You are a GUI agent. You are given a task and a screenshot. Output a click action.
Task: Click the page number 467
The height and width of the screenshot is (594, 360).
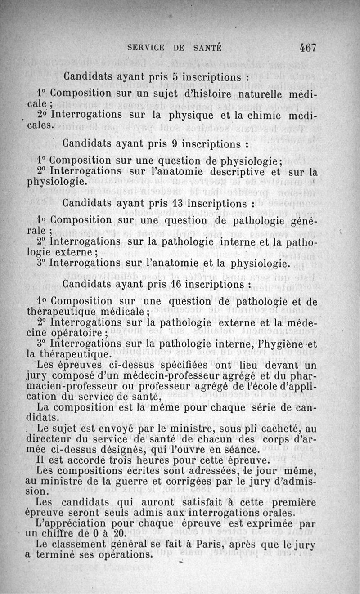307,47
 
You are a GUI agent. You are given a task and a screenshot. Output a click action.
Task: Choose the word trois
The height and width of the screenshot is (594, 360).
110,460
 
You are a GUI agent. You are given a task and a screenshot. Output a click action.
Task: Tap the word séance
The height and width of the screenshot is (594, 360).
243,449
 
